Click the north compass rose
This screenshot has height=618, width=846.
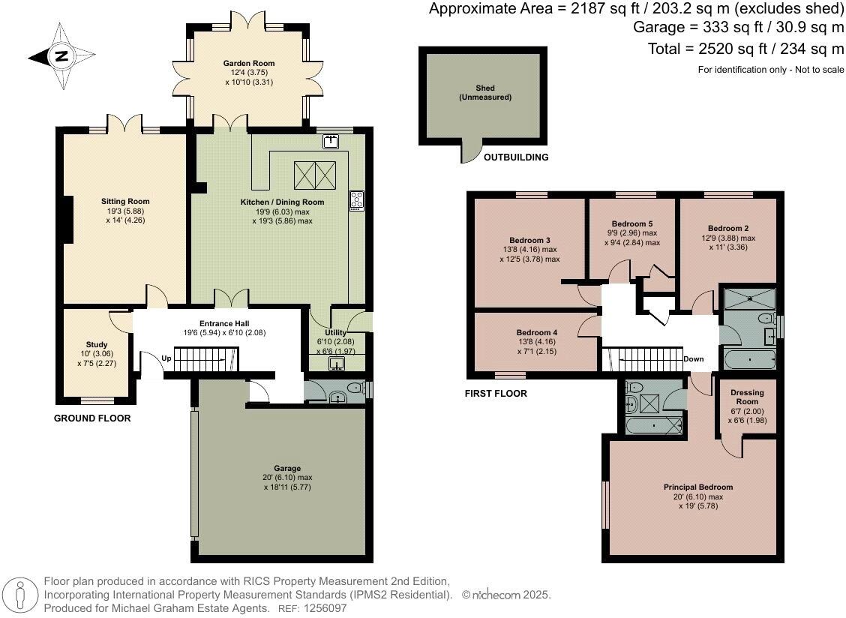(x=62, y=56)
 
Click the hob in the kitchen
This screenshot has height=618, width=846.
(x=357, y=201)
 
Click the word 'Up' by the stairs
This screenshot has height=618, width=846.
(x=166, y=358)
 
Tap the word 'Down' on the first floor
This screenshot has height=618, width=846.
(x=693, y=359)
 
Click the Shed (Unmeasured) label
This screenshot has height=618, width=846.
(x=485, y=92)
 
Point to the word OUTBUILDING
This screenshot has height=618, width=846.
(x=516, y=157)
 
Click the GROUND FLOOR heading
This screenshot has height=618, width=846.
(x=92, y=418)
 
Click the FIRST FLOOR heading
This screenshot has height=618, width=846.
(x=496, y=394)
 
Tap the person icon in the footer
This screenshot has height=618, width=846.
(x=20, y=595)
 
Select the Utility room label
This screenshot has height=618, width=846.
(x=335, y=332)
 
